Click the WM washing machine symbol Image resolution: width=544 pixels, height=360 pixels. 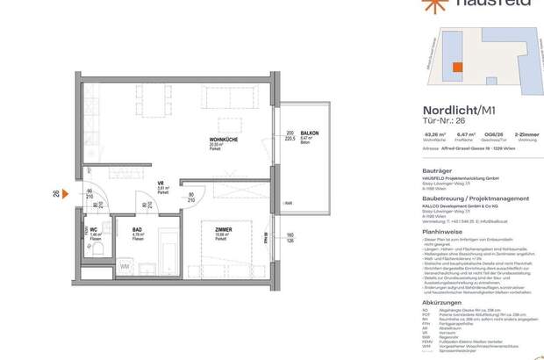click(125, 264)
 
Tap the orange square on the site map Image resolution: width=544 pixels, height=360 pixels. click(455, 69)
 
